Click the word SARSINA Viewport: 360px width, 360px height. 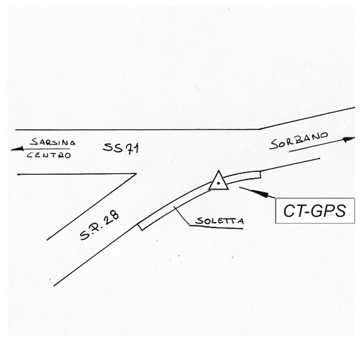[x=53, y=142]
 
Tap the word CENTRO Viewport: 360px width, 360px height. [x=49, y=155]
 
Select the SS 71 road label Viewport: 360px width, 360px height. [x=120, y=148]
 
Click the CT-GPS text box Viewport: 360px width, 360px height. [x=315, y=211]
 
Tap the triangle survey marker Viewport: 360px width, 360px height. [x=219, y=181]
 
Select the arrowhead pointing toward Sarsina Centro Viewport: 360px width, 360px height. [x=16, y=149]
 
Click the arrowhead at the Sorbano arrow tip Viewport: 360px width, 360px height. [x=349, y=139]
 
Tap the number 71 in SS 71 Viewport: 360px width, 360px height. [x=131, y=148]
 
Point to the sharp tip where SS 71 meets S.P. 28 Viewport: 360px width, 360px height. [x=135, y=174]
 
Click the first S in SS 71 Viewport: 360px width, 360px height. [x=107, y=148]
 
